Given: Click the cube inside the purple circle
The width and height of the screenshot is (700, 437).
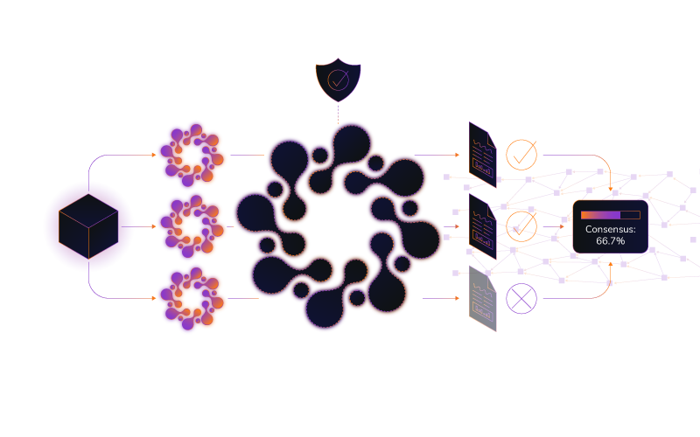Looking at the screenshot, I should click(88, 226).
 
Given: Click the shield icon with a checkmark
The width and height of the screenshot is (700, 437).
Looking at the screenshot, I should click(338, 80).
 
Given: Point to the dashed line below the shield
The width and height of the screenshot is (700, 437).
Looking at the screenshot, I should click(338, 112).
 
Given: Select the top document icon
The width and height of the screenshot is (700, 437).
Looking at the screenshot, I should click(482, 155).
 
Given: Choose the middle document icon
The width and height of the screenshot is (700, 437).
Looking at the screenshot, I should click(482, 226).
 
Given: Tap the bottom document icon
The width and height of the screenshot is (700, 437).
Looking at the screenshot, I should click(482, 298).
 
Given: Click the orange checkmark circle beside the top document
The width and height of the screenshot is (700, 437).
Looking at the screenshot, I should click(521, 155).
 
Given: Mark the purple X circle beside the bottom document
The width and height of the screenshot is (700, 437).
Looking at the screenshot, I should click(521, 298).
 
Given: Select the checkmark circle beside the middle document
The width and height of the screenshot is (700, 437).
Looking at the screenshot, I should click(521, 226).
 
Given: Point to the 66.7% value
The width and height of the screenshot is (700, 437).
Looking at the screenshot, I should click(610, 240).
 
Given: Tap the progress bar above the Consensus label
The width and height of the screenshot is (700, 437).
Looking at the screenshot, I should click(610, 214).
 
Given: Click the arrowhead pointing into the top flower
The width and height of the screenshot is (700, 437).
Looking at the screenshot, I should click(154, 156).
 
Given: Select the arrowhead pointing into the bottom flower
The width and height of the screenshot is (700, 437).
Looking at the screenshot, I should click(154, 298).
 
